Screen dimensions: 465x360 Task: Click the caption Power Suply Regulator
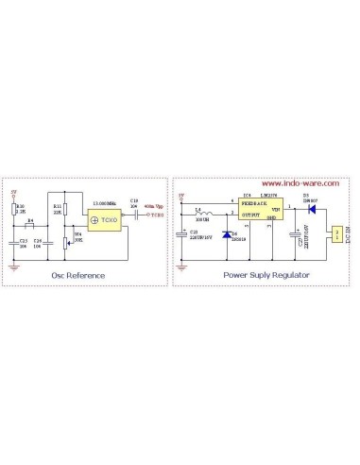(x=266, y=276)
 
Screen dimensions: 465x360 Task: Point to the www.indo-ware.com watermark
(x=293, y=184)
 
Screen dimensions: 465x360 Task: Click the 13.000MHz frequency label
(x=105, y=203)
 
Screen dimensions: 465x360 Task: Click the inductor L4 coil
(x=199, y=215)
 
